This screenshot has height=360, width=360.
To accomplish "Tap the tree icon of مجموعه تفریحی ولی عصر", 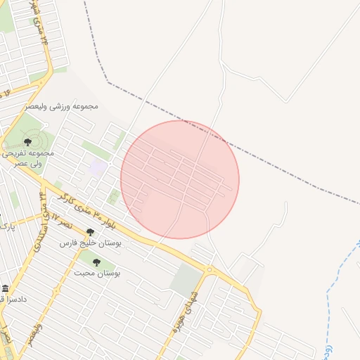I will (27, 142).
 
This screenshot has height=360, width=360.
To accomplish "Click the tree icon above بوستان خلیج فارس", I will (90, 232).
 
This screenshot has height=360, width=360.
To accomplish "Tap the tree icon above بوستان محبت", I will (96, 262).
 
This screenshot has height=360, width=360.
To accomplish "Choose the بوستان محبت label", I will (97, 272).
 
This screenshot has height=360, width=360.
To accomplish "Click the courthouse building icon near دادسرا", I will (6, 289).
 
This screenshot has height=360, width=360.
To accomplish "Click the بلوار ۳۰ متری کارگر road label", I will (84, 207).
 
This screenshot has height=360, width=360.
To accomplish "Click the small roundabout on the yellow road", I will (209, 270).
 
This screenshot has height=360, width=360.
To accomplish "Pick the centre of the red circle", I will (180, 179).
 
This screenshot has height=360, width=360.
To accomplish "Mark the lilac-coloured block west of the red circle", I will (98, 168).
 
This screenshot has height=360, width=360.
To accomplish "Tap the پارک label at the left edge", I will (6, 226).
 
